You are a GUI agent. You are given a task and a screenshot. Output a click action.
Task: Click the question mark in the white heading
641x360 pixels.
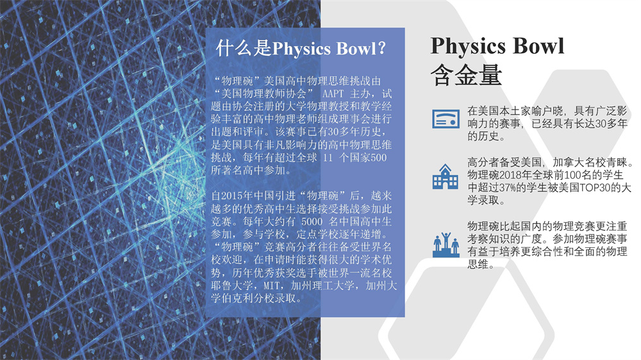(x=381, y=48)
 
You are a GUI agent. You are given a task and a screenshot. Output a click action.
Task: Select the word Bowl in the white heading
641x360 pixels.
(x=355, y=49)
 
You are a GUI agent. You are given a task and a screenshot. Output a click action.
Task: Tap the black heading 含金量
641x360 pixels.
(x=466, y=75)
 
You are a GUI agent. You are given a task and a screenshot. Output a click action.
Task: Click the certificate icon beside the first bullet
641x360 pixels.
(x=445, y=119)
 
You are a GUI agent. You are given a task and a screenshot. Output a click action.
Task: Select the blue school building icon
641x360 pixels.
(x=445, y=177)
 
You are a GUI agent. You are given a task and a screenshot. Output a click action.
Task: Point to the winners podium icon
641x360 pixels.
(x=445, y=245)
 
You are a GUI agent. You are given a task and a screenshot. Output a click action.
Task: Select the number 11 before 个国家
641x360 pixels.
(x=328, y=158)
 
